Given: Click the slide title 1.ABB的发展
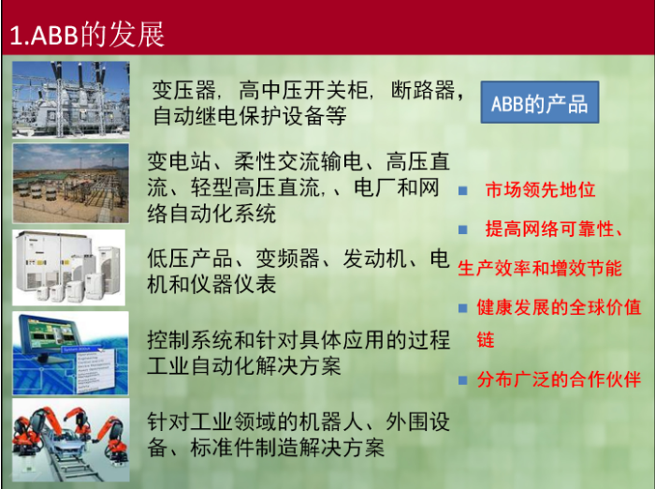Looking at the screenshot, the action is click(87, 35).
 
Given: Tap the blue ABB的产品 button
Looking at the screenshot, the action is click(540, 102).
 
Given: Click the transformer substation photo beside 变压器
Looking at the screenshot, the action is click(70, 99).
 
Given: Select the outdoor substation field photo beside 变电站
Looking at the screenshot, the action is click(70, 183).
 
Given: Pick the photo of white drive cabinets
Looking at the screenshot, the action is click(68, 267).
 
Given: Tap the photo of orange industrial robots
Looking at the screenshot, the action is click(70, 439).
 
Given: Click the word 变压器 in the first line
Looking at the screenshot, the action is click(183, 90).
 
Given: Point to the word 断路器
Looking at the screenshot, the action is click(423, 90).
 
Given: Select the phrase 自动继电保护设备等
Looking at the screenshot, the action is click(250, 116).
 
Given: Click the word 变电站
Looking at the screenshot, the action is click(179, 161).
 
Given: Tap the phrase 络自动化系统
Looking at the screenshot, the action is click(211, 214).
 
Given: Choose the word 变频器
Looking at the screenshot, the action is click(287, 259).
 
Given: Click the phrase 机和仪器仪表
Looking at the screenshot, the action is click(211, 285).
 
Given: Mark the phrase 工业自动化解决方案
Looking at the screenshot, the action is click(244, 365).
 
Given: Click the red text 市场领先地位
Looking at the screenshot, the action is click(540, 189).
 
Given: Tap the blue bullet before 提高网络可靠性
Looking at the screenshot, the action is click(462, 230).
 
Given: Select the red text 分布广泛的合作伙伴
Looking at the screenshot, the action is click(559, 379).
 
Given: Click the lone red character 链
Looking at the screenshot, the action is click(486, 340).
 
